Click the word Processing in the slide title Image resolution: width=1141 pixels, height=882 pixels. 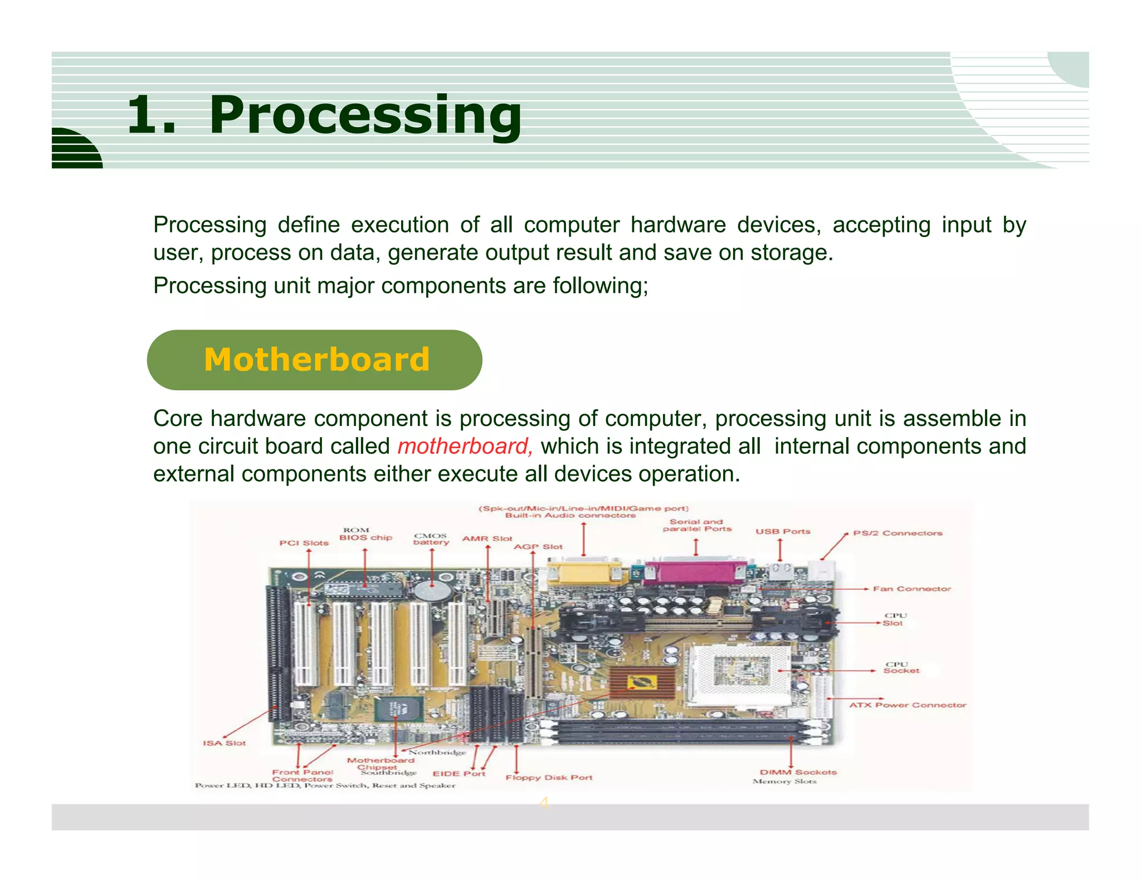click(x=365, y=115)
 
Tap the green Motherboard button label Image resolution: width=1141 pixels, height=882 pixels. click(x=316, y=360)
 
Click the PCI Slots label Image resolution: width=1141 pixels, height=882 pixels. click(x=304, y=542)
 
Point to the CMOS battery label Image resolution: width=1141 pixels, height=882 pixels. click(x=431, y=539)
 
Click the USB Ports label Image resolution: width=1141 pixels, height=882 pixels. click(x=783, y=531)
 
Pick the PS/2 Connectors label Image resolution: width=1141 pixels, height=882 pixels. click(x=898, y=533)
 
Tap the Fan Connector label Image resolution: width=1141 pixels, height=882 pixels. click(x=911, y=589)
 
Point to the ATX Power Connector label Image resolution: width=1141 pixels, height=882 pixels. click(x=907, y=705)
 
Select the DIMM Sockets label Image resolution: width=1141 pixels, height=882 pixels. click(x=798, y=772)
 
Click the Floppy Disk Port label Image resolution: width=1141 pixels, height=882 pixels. click(x=549, y=777)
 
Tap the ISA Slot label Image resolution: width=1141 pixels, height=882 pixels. click(x=224, y=743)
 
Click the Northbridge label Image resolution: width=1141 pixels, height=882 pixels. click(x=437, y=752)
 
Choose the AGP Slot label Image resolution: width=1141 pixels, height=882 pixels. click(x=538, y=547)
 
